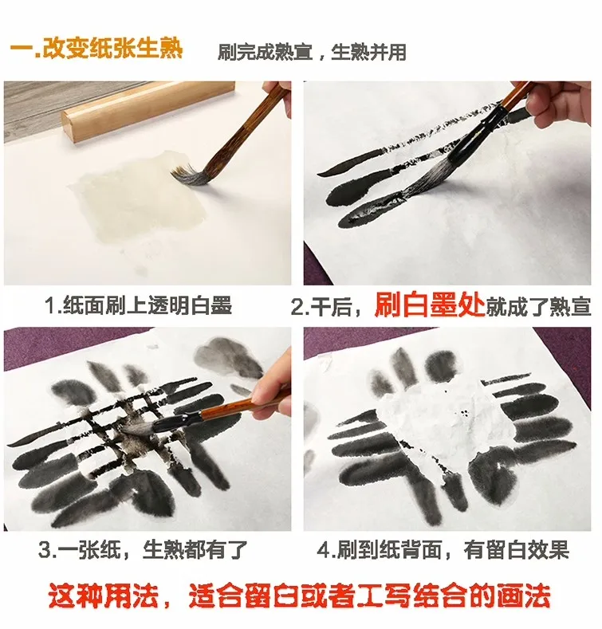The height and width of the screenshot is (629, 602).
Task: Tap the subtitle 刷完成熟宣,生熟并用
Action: click(x=312, y=53)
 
